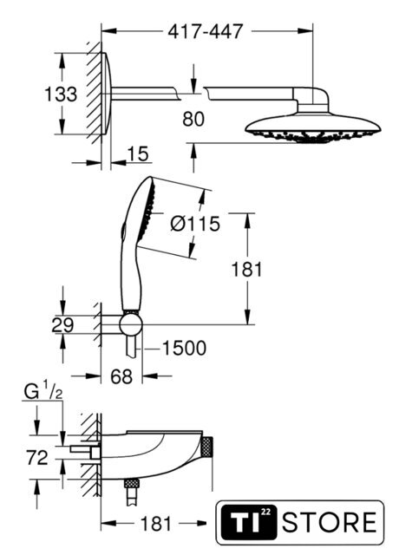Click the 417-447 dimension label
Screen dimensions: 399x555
point(206,31)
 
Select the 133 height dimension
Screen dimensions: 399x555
point(61,95)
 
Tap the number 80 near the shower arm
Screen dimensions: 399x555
point(193,119)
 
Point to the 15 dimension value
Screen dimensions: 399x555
point(138,154)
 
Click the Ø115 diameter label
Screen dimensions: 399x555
point(195,224)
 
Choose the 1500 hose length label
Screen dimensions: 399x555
point(184,348)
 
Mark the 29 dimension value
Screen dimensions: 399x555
point(62,325)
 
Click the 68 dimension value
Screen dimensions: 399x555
point(121,376)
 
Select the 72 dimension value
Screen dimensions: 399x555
point(37,458)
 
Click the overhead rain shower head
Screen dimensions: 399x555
point(313,128)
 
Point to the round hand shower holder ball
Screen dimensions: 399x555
point(131,324)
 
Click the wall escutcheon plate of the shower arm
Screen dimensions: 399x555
point(107,94)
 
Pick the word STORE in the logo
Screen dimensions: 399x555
point(330,522)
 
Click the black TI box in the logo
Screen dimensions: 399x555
point(247,522)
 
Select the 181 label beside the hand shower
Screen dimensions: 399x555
point(246,270)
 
